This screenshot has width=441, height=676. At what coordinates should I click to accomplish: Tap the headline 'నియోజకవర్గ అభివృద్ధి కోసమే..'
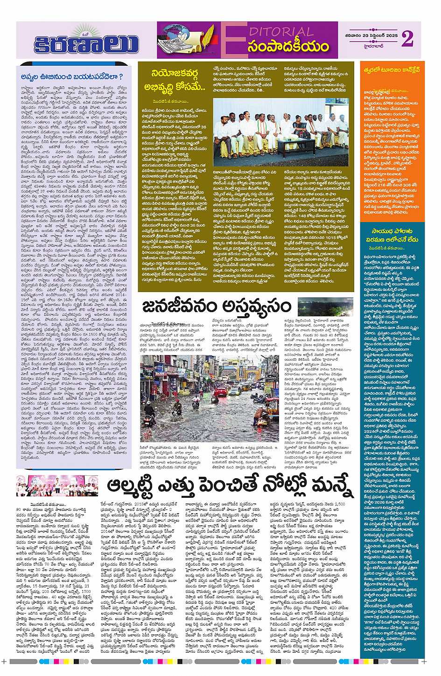176,79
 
